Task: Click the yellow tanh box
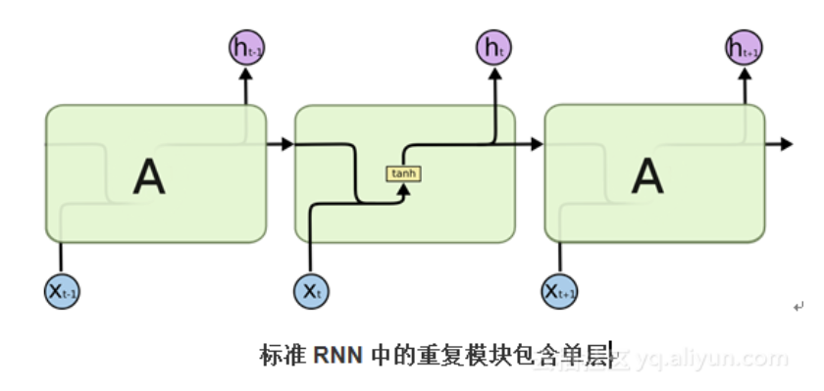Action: [403, 173]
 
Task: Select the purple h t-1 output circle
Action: [245, 46]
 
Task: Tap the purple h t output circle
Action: [494, 46]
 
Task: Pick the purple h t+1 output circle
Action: [744, 46]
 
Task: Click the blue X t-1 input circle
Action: [62, 291]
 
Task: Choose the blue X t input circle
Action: [310, 291]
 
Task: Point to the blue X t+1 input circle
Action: [559, 291]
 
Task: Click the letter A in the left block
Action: [149, 175]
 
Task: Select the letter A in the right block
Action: [647, 175]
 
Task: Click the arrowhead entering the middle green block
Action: [286, 145]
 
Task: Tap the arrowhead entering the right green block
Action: [537, 145]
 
